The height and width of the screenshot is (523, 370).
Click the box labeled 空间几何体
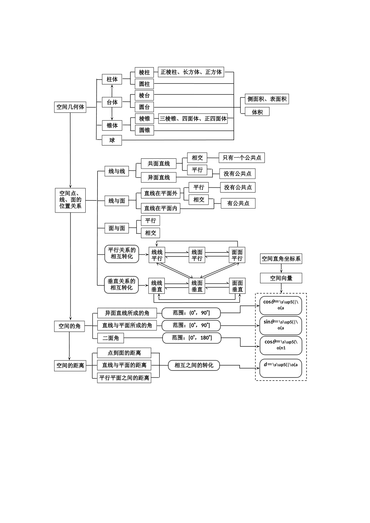coord(70,107)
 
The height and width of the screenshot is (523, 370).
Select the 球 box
coord(112,140)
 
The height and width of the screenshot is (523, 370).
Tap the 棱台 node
coord(144,95)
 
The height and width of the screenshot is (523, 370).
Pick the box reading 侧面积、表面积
coord(267,99)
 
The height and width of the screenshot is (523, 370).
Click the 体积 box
coord(257,112)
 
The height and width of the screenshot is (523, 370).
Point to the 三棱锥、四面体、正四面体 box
coord(193,119)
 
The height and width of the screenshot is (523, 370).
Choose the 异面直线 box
coord(159,177)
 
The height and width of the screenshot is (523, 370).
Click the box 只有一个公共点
coord(242,158)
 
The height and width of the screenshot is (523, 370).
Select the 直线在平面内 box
coord(160,208)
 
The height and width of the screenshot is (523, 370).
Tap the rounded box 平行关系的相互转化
coord(122,253)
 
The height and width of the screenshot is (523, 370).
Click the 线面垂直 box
coord(197,286)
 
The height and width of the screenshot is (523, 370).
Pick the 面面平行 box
coord(237,255)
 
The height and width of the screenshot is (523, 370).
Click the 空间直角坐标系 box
coord(281,259)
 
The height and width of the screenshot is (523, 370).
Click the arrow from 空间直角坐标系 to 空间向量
coord(281,269)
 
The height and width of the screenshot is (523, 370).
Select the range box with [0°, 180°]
coord(192,338)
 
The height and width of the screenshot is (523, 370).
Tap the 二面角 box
coord(111,338)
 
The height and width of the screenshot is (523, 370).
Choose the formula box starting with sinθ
coord(280,325)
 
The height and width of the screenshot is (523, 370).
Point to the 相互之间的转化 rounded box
coord(194,365)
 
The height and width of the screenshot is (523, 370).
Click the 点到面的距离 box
coord(124,353)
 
